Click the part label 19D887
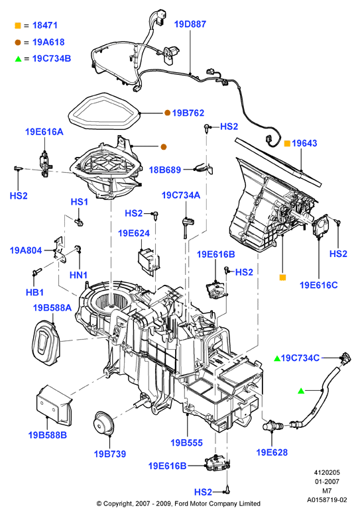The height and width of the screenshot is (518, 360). tap(190, 24)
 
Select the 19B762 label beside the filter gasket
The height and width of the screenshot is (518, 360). tap(188, 113)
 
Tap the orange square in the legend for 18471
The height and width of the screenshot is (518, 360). tap(18, 25)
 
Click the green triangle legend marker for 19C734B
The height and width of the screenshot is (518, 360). tap(18, 59)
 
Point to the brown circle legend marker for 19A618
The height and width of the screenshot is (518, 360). tap(18, 42)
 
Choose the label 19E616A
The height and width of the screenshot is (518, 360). tap(44, 132)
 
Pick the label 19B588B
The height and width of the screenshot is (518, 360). tap(48, 435)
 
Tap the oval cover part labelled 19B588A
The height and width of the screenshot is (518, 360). tap(46, 344)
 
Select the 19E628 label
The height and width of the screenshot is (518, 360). tap(272, 452)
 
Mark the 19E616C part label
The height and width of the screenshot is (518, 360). tap(319, 285)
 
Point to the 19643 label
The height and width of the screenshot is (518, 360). tap(304, 143)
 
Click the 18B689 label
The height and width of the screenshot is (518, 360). tap(165, 170)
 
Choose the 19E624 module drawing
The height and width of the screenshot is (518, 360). tap(149, 260)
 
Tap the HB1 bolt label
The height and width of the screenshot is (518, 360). tap(34, 292)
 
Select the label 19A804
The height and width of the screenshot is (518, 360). tap(26, 250)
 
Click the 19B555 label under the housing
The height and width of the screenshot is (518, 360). tap(186, 442)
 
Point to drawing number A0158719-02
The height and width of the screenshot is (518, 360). tap(327, 500)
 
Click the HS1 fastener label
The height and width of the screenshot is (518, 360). tap(80, 201)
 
